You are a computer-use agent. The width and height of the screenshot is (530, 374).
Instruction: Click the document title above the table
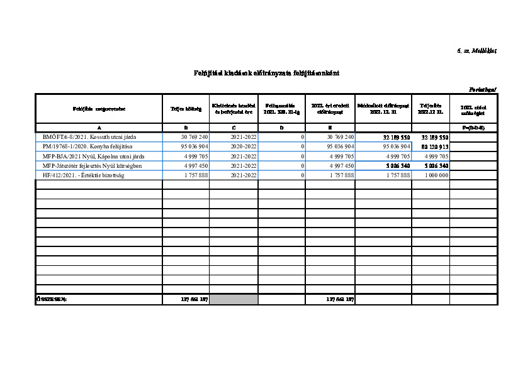pos(266,73)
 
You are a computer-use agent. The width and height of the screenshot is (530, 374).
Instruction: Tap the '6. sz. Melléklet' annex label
pos(476,50)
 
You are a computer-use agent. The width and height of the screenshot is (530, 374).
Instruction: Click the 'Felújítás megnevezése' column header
pos(99,109)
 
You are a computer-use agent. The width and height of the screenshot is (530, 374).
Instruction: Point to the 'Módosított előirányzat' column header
pos(383,109)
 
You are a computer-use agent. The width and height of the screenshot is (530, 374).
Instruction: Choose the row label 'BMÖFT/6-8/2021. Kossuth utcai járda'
pos(89,136)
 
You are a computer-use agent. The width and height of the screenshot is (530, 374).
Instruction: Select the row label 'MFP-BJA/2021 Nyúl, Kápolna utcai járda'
pos(94,156)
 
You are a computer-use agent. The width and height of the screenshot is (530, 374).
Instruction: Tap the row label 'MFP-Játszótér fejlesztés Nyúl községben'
pos(93,165)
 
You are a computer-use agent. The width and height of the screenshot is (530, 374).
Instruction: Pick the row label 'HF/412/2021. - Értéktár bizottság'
pos(84,175)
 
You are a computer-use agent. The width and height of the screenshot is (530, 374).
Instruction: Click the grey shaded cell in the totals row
pos(234,299)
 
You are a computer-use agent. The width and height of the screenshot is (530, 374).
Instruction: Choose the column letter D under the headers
pos(281,128)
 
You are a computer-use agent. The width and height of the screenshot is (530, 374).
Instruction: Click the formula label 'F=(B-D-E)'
pos(473,128)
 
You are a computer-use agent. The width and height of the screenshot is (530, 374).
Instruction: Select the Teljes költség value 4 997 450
pos(195,165)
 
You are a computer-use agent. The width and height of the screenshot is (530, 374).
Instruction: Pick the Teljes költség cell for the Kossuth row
pos(195,136)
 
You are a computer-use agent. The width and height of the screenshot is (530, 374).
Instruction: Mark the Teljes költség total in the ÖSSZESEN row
pos(194,299)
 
